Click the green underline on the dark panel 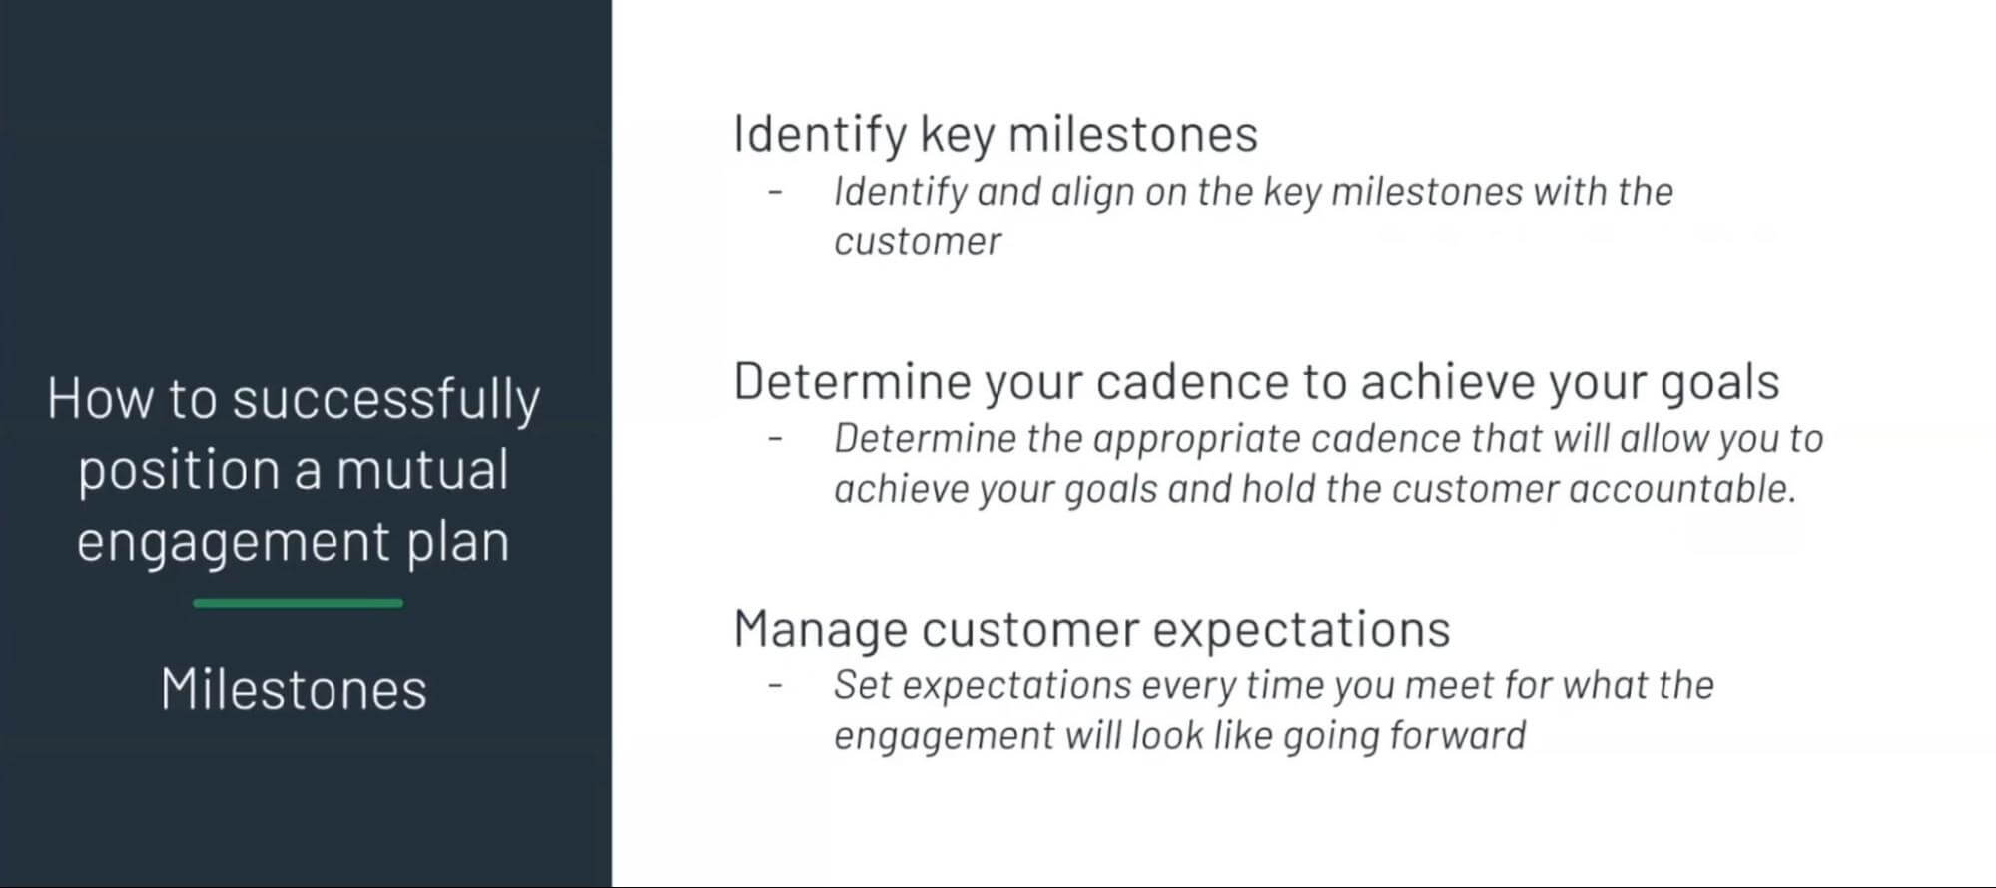(298, 603)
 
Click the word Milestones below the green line (294, 690)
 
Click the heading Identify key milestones (995, 135)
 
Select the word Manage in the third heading (820, 630)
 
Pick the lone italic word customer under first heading (917, 242)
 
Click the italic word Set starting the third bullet (861, 686)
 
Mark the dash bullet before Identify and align (775, 192)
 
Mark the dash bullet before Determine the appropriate (775, 439)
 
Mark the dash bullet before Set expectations (775, 686)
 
